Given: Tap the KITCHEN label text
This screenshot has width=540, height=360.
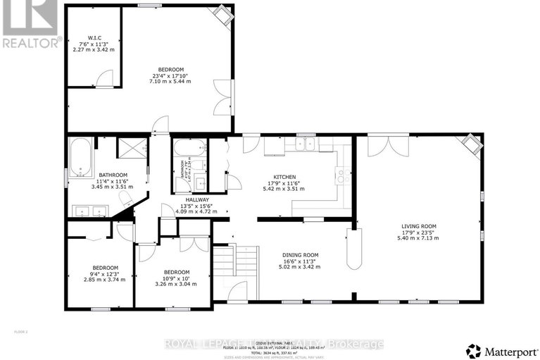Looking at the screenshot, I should tap(284, 177).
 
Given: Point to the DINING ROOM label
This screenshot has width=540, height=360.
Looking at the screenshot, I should tap(301, 255).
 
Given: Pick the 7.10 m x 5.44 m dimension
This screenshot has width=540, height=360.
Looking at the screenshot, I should tap(170, 82).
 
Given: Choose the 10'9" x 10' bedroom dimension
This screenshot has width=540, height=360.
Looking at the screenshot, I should tap(177, 278).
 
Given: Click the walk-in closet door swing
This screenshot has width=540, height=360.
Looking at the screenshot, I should tap(104, 80).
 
